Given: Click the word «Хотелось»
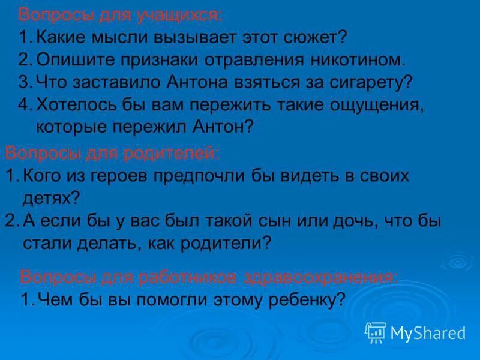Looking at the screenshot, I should click(x=76, y=104).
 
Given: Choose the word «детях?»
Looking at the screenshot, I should click(x=51, y=197).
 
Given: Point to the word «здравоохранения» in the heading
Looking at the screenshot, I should click(x=319, y=277).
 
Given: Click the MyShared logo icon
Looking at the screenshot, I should click(x=376, y=332).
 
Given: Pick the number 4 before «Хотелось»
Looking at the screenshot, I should click(x=24, y=104).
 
